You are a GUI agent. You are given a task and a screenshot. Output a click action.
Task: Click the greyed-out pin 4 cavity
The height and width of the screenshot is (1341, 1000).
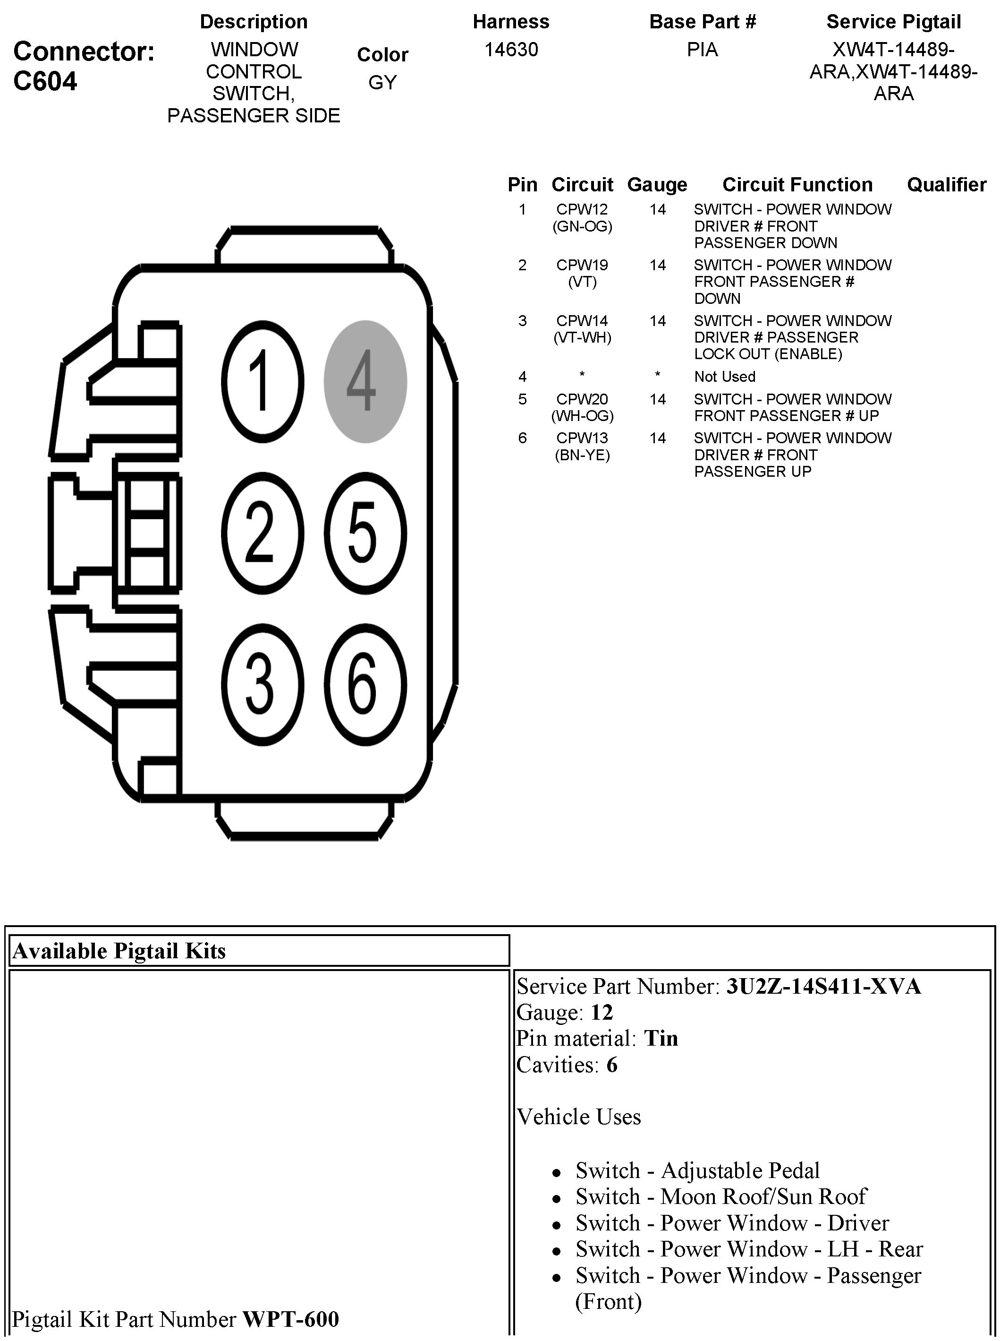pos(365,382)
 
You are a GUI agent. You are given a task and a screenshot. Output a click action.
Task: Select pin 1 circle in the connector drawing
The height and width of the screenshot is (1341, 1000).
pos(262,382)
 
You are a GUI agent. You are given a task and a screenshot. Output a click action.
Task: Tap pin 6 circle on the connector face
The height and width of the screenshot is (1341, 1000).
pos(365,685)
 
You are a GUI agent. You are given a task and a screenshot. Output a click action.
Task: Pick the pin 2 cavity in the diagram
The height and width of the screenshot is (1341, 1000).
pos(262,533)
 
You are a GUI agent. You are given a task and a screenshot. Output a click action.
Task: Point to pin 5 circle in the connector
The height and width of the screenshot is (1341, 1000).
pos(365,533)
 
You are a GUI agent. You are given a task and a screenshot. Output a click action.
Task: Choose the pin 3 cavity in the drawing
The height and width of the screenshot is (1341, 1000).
pos(262,685)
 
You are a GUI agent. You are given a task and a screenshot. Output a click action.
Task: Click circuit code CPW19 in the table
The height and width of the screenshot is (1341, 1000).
pos(582,265)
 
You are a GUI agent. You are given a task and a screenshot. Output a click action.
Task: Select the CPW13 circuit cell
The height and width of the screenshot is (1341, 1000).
pos(582,438)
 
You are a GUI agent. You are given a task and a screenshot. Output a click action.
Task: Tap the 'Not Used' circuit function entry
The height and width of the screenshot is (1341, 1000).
pos(725,377)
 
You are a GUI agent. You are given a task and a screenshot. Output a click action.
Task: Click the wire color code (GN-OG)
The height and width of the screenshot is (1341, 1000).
pos(582,226)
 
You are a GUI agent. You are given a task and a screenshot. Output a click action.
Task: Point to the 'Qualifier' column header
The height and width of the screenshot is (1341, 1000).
pos(946,185)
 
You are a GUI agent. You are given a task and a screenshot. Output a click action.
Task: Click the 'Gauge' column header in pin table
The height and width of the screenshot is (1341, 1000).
pos(657,185)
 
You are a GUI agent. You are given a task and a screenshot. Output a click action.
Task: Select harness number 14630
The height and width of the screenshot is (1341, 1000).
pos(511,50)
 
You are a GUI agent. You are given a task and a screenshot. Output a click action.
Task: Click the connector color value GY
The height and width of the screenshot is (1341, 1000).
pos(382,82)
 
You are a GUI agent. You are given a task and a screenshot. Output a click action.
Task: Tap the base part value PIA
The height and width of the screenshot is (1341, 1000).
pos(702,50)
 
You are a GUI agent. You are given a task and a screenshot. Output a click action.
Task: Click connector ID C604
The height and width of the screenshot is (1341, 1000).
pos(45,81)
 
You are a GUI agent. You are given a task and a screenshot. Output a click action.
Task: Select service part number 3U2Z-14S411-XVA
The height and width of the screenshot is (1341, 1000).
pos(823,987)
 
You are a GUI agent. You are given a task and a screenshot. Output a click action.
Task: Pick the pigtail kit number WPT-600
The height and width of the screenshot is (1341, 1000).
pos(290,1319)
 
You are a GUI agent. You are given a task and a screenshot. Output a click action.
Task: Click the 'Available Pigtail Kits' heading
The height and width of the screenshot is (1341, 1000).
pos(119,951)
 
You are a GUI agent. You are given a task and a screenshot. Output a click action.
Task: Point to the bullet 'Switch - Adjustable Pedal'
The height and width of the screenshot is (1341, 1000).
pos(697,1171)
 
